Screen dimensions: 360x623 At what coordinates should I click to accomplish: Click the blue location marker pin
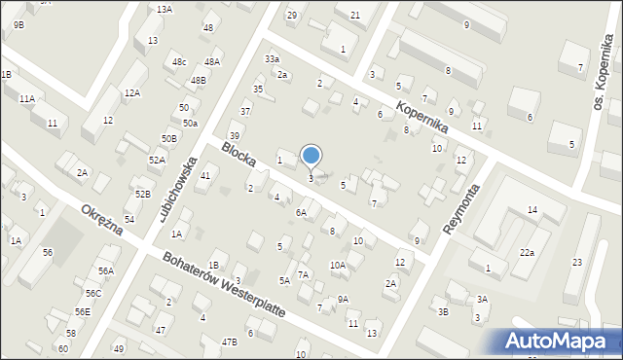[x=311, y=156]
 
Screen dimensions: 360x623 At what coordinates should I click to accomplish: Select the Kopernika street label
[x=421, y=116]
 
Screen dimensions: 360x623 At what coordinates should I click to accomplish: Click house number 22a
[x=527, y=253]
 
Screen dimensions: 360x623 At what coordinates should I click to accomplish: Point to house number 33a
[x=272, y=59]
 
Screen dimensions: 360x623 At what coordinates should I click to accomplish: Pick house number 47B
[x=229, y=342]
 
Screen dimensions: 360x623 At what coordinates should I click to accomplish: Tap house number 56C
[x=92, y=293]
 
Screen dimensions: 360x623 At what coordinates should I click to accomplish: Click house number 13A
[x=165, y=9]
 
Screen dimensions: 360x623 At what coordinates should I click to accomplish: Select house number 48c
[x=179, y=62]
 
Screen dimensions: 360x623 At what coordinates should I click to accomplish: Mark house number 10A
[x=337, y=265]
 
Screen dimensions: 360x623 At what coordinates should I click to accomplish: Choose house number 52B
[x=143, y=195]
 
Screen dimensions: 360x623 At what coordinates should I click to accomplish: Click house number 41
[x=205, y=175]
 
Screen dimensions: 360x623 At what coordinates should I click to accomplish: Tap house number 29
[x=291, y=16]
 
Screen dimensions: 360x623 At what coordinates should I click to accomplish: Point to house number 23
[x=577, y=263]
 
